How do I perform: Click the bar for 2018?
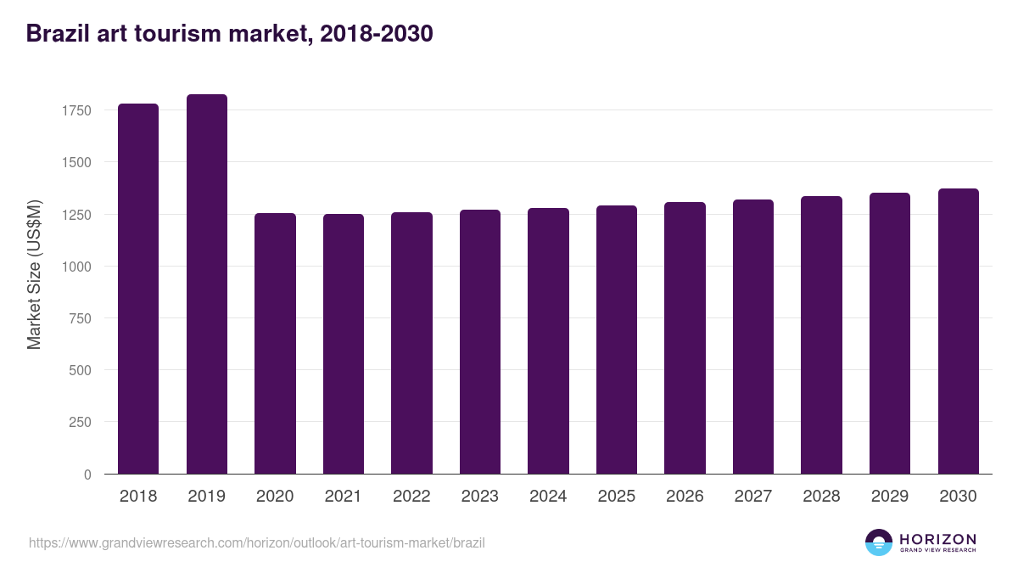[138, 289]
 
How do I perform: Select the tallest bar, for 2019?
[207, 284]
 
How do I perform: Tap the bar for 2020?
[275, 344]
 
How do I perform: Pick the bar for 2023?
[480, 342]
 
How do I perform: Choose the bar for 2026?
[685, 338]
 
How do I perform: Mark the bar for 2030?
[958, 331]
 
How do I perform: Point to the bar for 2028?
[821, 335]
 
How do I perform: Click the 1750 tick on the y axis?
[76, 110]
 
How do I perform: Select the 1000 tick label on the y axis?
[76, 267]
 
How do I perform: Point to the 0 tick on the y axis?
[87, 475]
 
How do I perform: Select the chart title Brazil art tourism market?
[230, 33]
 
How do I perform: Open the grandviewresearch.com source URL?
[257, 542]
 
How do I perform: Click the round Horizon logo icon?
[879, 542]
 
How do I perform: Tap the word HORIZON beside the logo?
[937, 539]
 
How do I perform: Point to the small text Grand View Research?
[937, 551]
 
